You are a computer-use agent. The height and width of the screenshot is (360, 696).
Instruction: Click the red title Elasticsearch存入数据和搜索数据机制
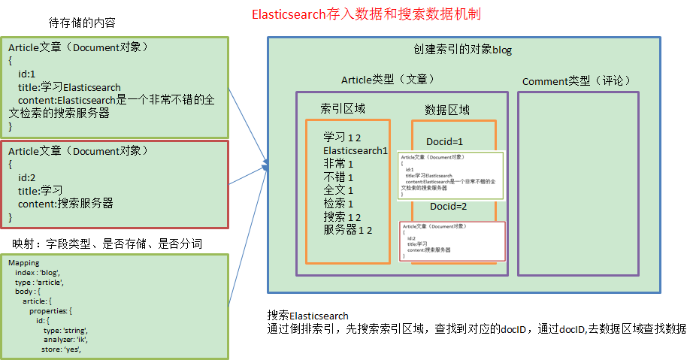pos(366,14)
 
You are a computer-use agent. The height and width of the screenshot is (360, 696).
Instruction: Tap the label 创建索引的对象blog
pos(463,50)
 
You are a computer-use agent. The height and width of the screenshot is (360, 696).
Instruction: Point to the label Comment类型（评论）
pos(576,80)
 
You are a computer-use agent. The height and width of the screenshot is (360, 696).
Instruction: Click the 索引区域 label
pos(343,108)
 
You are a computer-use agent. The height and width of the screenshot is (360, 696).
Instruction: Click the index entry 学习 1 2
pos(342,138)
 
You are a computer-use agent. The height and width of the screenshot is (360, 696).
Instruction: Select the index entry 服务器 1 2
pos(348,230)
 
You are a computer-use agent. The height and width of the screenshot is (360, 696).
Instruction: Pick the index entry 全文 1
pos(338,190)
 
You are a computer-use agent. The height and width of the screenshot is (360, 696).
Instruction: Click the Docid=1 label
pos(445,141)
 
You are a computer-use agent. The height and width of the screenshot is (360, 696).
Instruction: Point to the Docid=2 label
pos(448,207)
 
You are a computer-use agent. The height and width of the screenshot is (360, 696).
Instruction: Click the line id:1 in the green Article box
pos(27,74)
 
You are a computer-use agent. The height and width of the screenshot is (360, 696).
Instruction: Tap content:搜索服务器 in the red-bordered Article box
pos(65,203)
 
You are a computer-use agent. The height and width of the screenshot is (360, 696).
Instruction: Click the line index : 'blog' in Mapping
pos(37,273)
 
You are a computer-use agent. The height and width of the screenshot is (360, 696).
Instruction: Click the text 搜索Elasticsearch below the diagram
pos(307,315)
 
